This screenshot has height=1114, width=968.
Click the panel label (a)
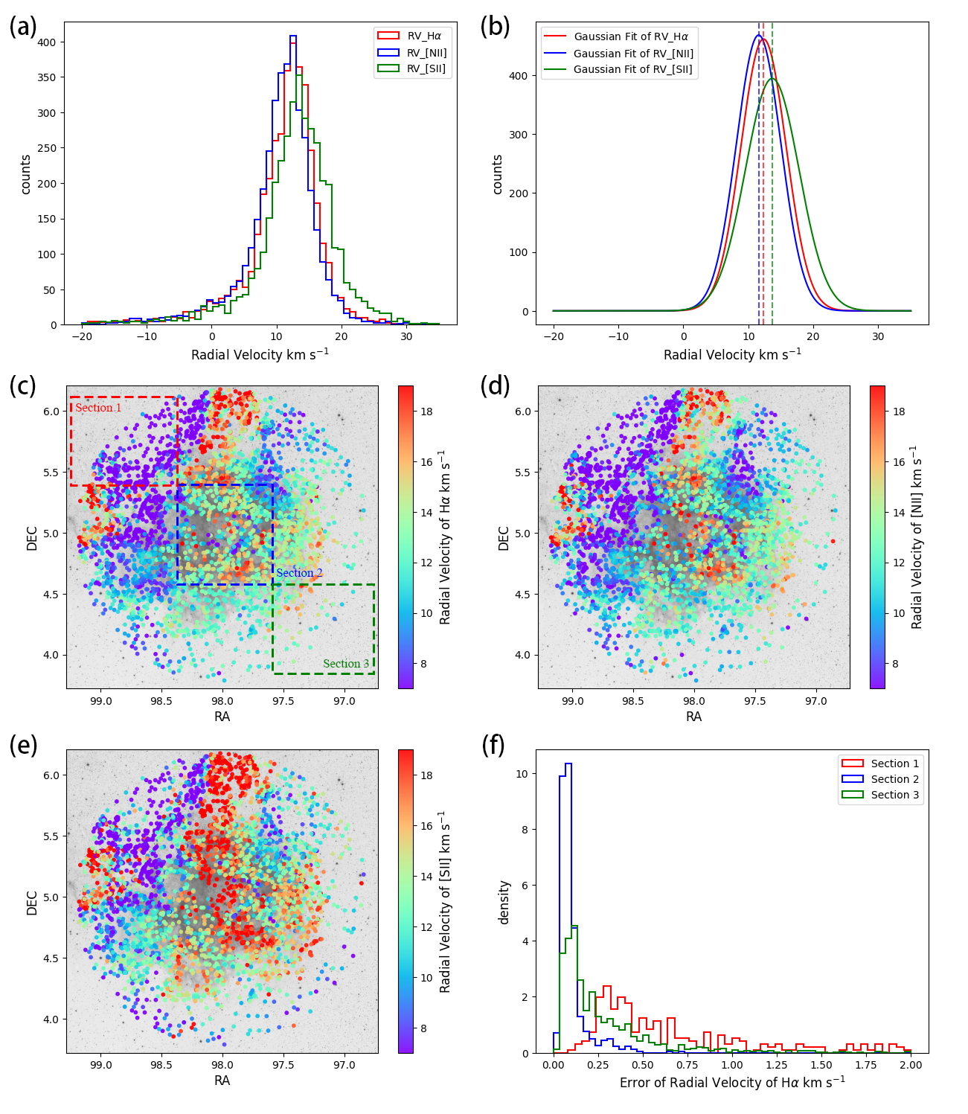pyautogui.click(x=23, y=27)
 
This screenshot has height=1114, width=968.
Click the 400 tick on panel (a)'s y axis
pyautogui.click(x=46, y=42)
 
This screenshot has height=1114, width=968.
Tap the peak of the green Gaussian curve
pyautogui.click(x=772, y=78)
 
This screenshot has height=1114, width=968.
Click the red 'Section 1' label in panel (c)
pyautogui.click(x=98, y=408)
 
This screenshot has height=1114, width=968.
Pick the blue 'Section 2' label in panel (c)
pyautogui.click(x=299, y=573)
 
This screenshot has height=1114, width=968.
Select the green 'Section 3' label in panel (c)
pyautogui.click(x=346, y=664)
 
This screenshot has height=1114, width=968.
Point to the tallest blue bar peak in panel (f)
pyautogui.click(x=568, y=764)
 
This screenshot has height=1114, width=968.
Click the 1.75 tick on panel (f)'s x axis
pyautogui.click(x=866, y=1065)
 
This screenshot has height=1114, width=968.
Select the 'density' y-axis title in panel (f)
pyautogui.click(x=504, y=902)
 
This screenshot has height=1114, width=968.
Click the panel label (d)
pyautogui.click(x=496, y=386)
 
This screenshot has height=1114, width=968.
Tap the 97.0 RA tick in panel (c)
pyautogui.click(x=344, y=701)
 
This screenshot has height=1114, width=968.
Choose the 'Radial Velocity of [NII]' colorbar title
pyautogui.click(x=917, y=537)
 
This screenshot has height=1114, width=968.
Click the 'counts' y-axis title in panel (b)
pyautogui.click(x=498, y=174)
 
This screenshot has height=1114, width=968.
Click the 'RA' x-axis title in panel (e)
pyautogui.click(x=222, y=1080)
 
